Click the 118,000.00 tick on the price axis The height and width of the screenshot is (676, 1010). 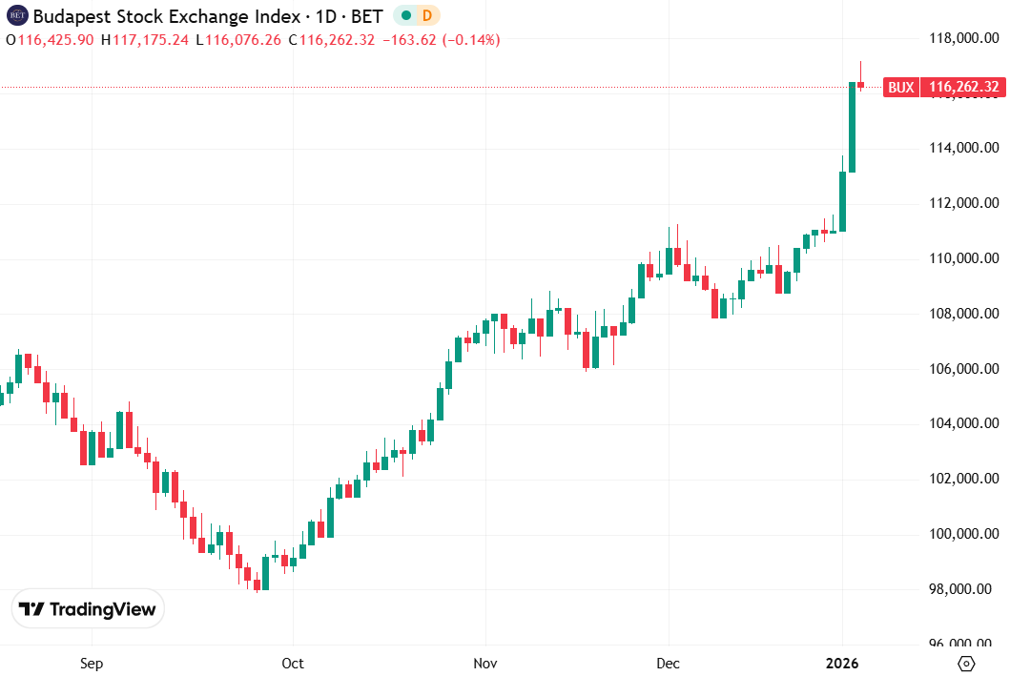point(963,38)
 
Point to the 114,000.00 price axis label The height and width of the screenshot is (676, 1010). point(963,148)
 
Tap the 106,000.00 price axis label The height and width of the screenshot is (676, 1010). point(963,369)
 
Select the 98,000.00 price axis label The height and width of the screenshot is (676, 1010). point(963,589)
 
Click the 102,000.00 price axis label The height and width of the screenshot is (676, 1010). point(963,479)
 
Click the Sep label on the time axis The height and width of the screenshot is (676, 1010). point(91,663)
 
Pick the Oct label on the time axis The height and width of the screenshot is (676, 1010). point(294,663)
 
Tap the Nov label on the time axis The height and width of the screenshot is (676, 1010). point(485,663)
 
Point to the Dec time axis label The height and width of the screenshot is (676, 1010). point(669,663)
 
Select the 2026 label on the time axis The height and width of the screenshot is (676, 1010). point(842,663)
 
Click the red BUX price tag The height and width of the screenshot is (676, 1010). point(900,88)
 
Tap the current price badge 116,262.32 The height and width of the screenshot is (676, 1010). point(963,88)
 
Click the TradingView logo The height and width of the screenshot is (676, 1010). point(88,609)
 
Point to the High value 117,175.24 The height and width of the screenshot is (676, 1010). point(151,39)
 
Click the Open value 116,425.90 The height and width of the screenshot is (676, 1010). point(56,39)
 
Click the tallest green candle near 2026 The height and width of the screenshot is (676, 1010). point(852,127)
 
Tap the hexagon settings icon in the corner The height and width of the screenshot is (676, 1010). point(965,663)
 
